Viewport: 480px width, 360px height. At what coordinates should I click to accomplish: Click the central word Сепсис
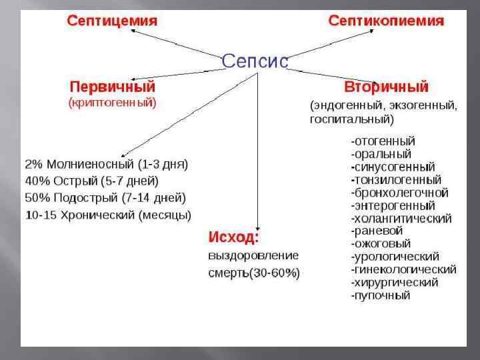(255, 61)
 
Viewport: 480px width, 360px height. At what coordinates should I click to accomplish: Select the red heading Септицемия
(112, 21)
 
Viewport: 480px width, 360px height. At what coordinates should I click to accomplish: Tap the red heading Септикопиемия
(386, 21)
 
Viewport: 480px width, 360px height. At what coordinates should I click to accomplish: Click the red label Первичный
(113, 87)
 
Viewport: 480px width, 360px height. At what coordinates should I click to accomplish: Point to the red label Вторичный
(386, 87)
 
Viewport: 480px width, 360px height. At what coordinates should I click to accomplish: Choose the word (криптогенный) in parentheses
(113, 103)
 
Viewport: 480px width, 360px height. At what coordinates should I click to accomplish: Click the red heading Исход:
(234, 237)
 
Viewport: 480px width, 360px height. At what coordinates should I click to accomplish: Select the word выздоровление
(253, 255)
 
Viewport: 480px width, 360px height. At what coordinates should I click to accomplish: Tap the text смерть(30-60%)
(254, 273)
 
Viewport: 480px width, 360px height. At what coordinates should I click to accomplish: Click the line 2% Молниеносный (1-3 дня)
(107, 164)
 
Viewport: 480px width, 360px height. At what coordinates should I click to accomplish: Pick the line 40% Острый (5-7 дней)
(92, 181)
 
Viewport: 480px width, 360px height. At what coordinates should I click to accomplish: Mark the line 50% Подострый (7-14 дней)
(105, 198)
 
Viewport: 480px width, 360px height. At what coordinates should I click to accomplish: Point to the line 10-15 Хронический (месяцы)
(108, 215)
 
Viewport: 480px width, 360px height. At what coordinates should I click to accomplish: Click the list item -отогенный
(383, 141)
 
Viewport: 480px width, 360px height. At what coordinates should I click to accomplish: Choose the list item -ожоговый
(381, 243)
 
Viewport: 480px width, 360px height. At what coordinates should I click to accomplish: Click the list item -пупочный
(381, 295)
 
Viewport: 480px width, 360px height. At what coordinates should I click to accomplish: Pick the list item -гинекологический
(403, 269)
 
